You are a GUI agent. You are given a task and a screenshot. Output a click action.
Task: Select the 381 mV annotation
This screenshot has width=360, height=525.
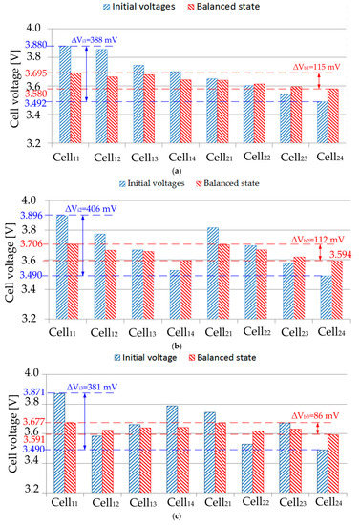92,387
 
